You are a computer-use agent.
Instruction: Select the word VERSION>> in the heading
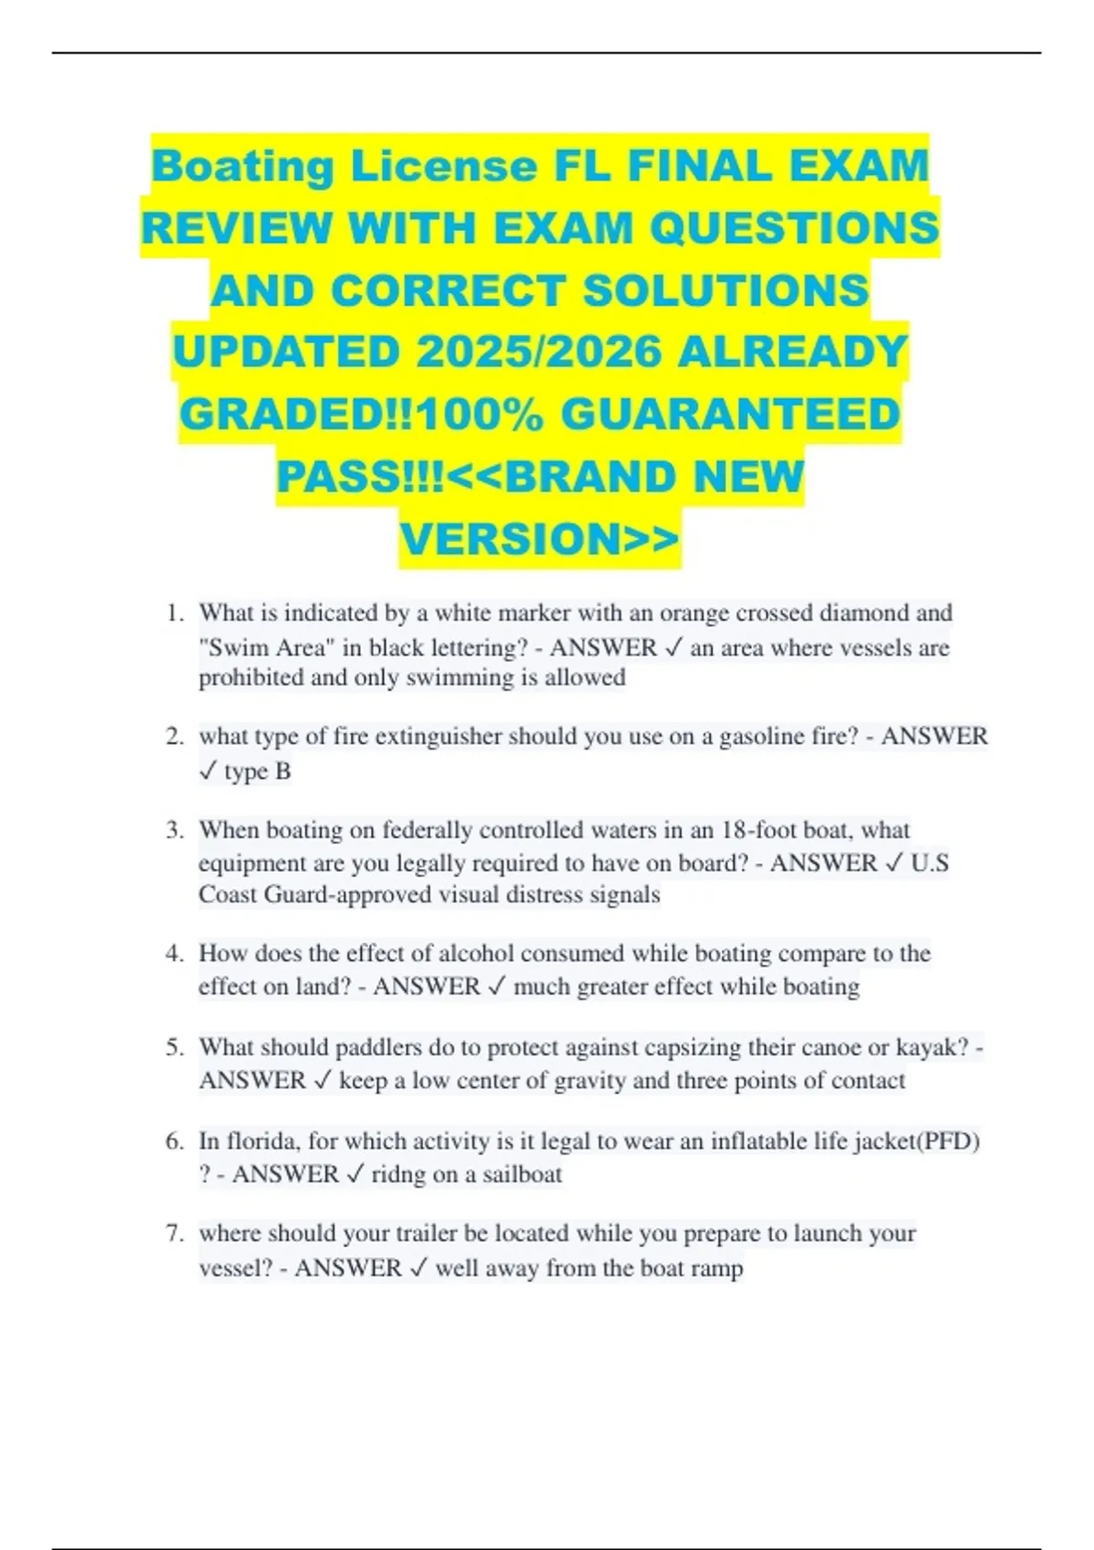coord(540,539)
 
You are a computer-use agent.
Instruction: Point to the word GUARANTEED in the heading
coord(730,415)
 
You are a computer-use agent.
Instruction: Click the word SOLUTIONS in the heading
coord(726,291)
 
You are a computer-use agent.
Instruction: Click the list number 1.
coord(174,613)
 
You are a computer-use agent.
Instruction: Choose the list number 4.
coord(174,954)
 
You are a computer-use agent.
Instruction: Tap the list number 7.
coord(174,1234)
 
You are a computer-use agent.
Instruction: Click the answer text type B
coord(258,771)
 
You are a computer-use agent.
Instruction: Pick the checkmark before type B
coord(208,771)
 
